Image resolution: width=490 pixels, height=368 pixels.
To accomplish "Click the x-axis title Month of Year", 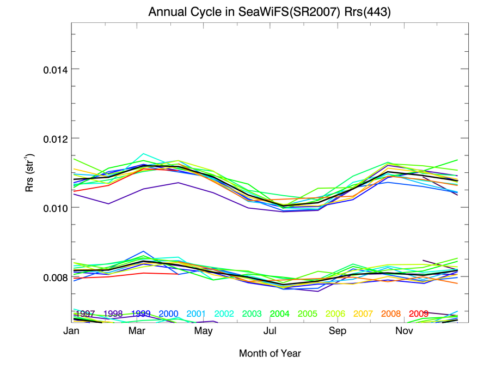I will [269, 353].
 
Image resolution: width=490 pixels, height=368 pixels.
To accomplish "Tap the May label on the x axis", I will [203, 331].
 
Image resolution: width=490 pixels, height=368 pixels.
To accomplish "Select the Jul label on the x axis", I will [269, 331].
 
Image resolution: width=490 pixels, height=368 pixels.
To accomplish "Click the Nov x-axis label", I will [403, 331].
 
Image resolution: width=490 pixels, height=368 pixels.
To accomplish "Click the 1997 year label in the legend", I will [85, 314].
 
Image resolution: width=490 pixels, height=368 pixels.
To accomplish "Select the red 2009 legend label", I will [418, 314].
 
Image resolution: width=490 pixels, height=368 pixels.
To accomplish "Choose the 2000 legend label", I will [169, 314].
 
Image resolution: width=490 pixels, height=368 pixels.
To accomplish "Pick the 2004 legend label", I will [279, 314].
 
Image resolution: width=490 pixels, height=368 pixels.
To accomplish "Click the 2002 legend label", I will [224, 314].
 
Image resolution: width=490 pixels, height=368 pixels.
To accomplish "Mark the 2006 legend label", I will [335, 314].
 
